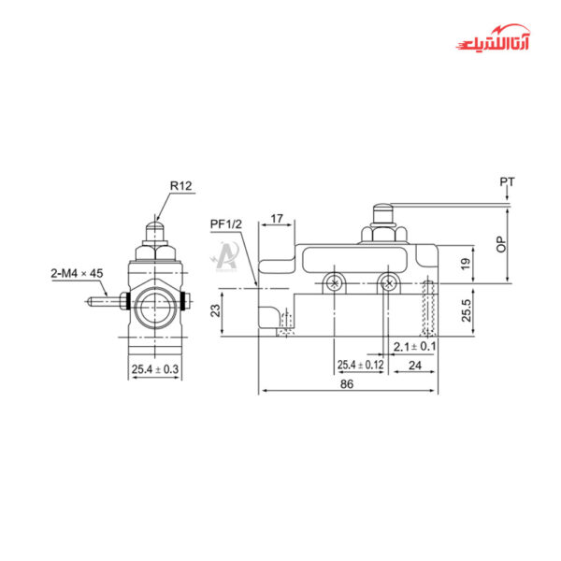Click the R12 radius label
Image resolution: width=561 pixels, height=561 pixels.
coord(180,186)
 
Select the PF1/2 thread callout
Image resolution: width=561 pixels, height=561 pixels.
coord(226,224)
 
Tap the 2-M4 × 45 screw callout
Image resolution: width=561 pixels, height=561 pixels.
coord(76,274)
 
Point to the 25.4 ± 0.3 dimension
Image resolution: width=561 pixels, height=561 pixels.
coord(155,370)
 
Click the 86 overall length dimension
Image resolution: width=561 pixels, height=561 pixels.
coord(346,383)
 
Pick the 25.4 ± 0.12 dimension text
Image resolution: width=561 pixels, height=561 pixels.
coord(361,364)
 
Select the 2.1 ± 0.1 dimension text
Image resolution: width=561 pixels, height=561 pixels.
coord(415,346)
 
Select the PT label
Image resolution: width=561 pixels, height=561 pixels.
coord(506,181)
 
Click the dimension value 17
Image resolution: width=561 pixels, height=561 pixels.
coord(277,220)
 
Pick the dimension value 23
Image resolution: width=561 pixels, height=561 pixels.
coord(214,309)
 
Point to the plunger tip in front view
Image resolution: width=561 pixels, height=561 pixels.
coord(154,225)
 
